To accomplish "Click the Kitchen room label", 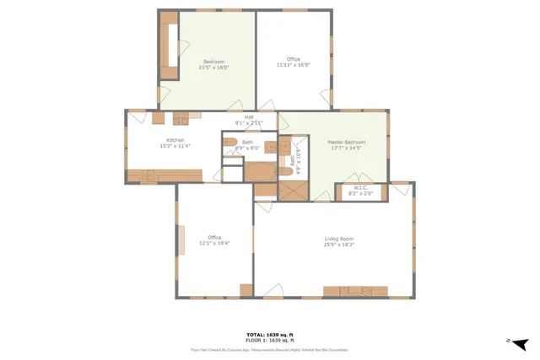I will (x=175, y=140).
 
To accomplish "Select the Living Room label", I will (x=337, y=240).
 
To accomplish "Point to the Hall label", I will (x=249, y=117).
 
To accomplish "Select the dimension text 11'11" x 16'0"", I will (x=294, y=65).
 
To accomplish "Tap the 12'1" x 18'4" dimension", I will (x=214, y=243).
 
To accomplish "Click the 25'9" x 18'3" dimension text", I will (x=337, y=246).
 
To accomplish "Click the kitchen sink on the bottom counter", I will (x=148, y=175).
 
